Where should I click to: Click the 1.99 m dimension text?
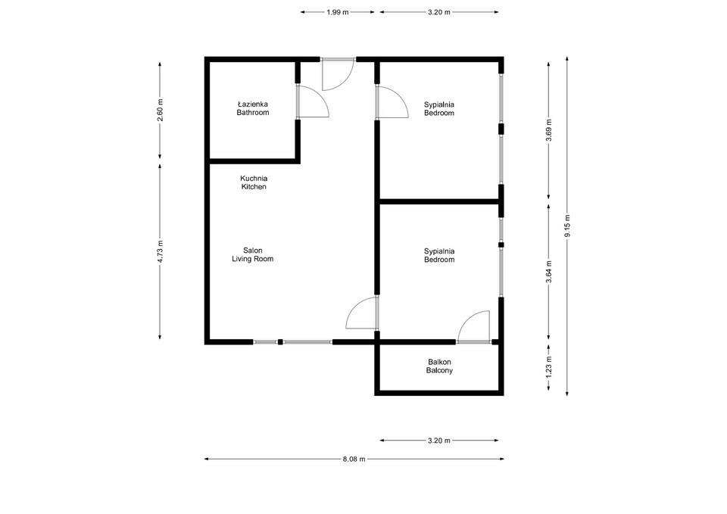point(338,13)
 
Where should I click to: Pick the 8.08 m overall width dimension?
point(354,459)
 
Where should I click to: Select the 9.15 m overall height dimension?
point(567,226)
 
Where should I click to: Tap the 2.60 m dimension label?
point(160,111)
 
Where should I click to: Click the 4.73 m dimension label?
point(160,251)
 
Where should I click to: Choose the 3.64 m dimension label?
point(549,271)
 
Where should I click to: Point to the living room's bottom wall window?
point(293,342)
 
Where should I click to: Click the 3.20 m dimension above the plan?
point(439,13)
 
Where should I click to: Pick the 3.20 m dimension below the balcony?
point(439,441)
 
